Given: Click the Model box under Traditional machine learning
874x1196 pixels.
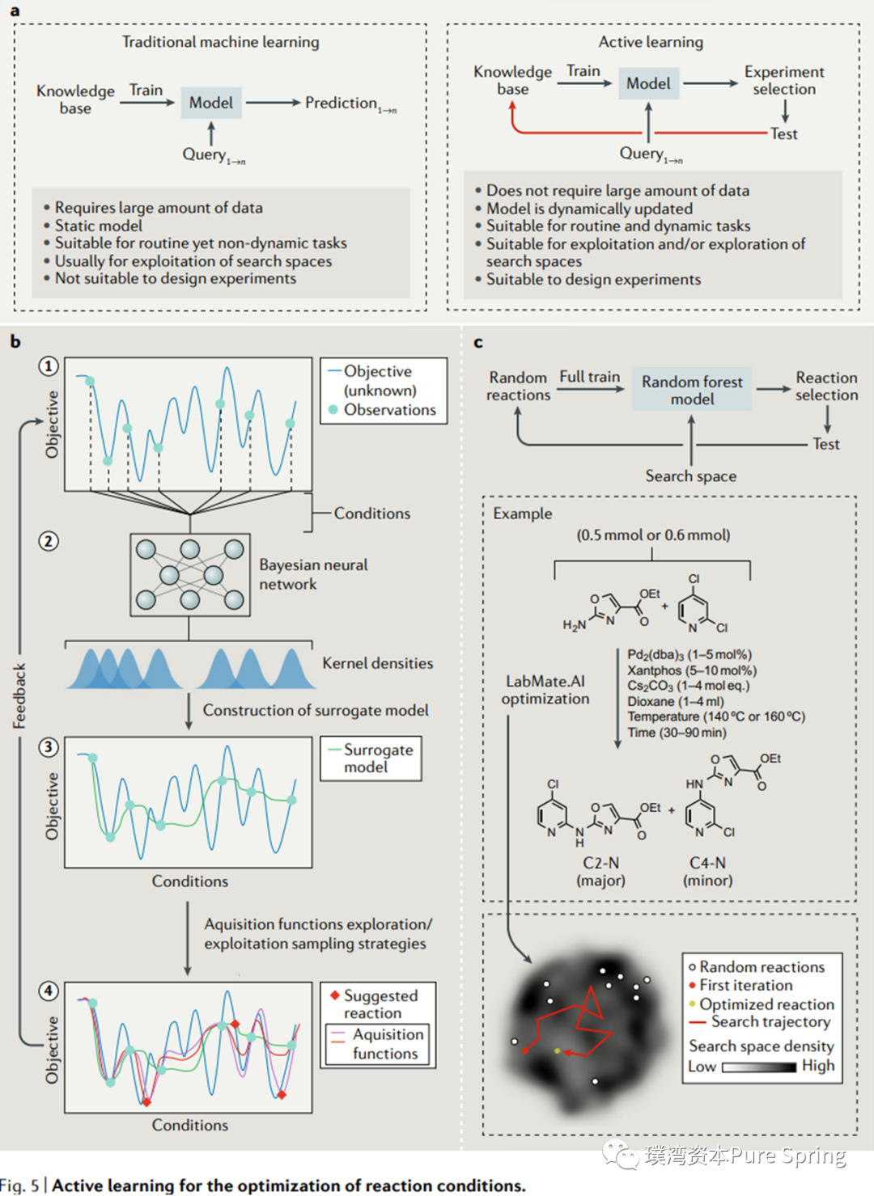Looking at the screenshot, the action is click(211, 103).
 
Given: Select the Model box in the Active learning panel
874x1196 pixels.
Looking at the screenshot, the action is click(648, 83).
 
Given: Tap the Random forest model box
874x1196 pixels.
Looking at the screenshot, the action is click(692, 389).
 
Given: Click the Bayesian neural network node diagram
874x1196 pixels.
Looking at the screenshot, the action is click(190, 575).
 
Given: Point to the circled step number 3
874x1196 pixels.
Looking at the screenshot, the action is click(49, 746).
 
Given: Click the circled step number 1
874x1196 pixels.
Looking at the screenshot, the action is click(49, 366).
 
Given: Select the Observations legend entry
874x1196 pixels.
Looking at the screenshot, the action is click(383, 409).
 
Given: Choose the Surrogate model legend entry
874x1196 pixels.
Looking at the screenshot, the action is click(371, 759).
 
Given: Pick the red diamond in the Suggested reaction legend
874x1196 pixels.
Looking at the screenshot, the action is click(335, 995).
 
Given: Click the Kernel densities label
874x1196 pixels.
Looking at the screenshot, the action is click(378, 663).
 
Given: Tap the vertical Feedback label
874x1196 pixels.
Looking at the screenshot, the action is click(19, 696).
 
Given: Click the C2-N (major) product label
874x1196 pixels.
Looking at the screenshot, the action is click(601, 872).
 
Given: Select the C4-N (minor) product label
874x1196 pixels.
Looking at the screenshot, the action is click(708, 872).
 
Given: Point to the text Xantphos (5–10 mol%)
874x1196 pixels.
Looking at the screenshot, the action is click(693, 670).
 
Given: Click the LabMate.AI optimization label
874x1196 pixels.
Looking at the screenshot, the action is click(545, 690).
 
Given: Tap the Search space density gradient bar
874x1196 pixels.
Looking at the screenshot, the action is click(759, 1067).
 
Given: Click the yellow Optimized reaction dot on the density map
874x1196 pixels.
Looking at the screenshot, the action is click(558, 1050).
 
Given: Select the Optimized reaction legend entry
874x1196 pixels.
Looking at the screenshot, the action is click(762, 1004).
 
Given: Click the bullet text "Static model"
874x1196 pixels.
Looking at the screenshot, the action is click(98, 226).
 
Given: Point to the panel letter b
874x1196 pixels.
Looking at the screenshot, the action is click(15, 341).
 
